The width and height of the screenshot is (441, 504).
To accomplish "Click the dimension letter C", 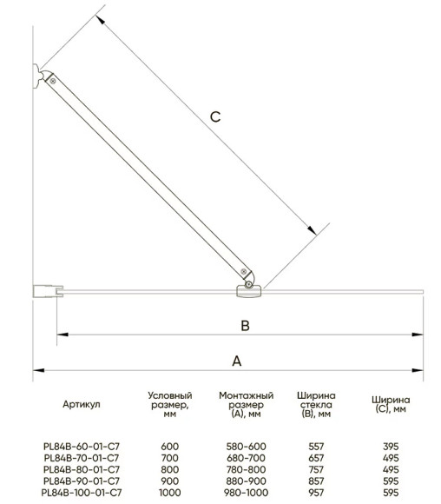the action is [215, 116].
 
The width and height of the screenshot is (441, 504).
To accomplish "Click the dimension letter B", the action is [245, 326].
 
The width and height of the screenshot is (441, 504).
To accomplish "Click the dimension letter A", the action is [237, 361].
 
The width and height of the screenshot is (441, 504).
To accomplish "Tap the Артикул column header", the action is [82, 404].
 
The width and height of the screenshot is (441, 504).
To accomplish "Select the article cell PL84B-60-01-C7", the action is [82, 446].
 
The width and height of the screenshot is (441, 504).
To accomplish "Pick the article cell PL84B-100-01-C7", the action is [82, 493].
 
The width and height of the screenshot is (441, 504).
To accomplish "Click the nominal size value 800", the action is [169, 469].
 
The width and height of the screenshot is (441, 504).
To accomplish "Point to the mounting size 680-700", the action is [246, 458].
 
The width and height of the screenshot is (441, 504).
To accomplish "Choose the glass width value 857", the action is [316, 481].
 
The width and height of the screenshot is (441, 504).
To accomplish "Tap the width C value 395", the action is [391, 446].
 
